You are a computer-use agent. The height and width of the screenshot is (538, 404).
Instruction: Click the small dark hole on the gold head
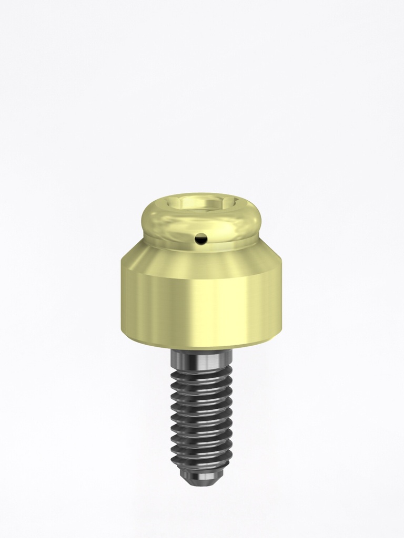pyautogui.click(x=200, y=240)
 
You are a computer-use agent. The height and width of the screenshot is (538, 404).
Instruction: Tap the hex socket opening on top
pyautogui.click(x=200, y=203)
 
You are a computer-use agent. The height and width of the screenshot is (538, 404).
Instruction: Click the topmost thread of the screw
pyautogui.click(x=201, y=372)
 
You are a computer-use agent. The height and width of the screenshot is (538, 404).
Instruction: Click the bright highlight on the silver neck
pyautogui.click(x=213, y=359)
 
